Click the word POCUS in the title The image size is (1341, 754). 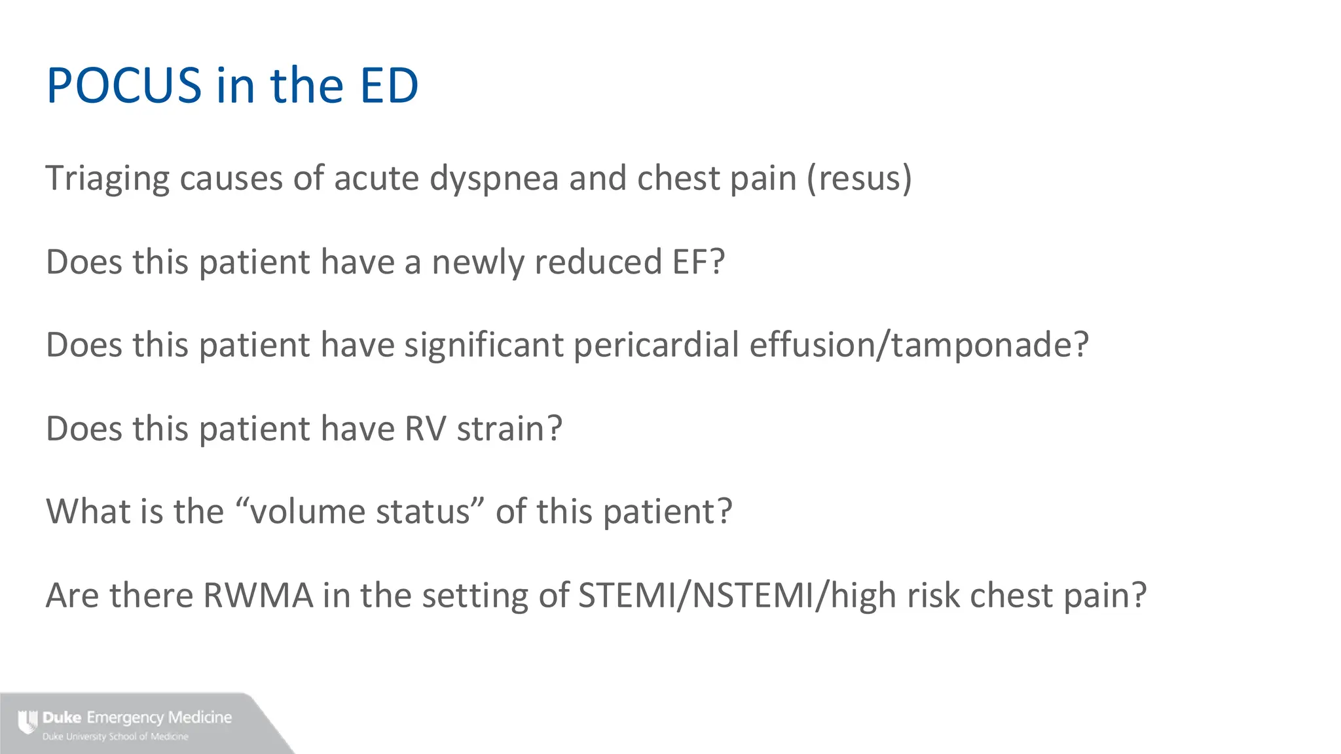coord(124,86)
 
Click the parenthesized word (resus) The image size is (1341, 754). coord(859,179)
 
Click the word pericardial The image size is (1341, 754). coord(656,345)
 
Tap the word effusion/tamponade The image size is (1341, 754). coord(919,345)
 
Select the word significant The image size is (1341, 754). coord(483,345)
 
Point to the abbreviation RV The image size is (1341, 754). coord(426,429)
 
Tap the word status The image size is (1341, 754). coord(422,512)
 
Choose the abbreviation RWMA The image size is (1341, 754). coord(258,596)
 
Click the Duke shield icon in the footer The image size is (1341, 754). coord(28,722)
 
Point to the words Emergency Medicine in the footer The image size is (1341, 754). coord(159,717)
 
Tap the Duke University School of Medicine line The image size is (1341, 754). coord(115,737)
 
